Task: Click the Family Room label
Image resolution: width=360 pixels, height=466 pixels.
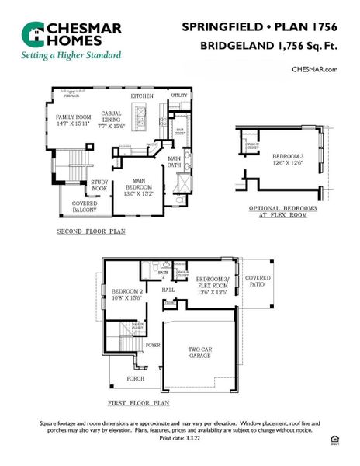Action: (x=72, y=116)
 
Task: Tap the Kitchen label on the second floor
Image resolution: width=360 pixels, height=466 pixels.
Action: (x=141, y=96)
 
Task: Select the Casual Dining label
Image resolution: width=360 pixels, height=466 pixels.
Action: (x=112, y=117)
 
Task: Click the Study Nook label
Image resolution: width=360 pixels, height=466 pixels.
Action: (x=99, y=185)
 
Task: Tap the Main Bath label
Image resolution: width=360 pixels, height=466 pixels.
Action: (x=175, y=162)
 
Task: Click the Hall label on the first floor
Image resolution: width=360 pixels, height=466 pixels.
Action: (x=167, y=290)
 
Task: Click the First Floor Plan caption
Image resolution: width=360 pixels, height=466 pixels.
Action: (x=139, y=404)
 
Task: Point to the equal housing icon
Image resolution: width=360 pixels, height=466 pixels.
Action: (x=335, y=440)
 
